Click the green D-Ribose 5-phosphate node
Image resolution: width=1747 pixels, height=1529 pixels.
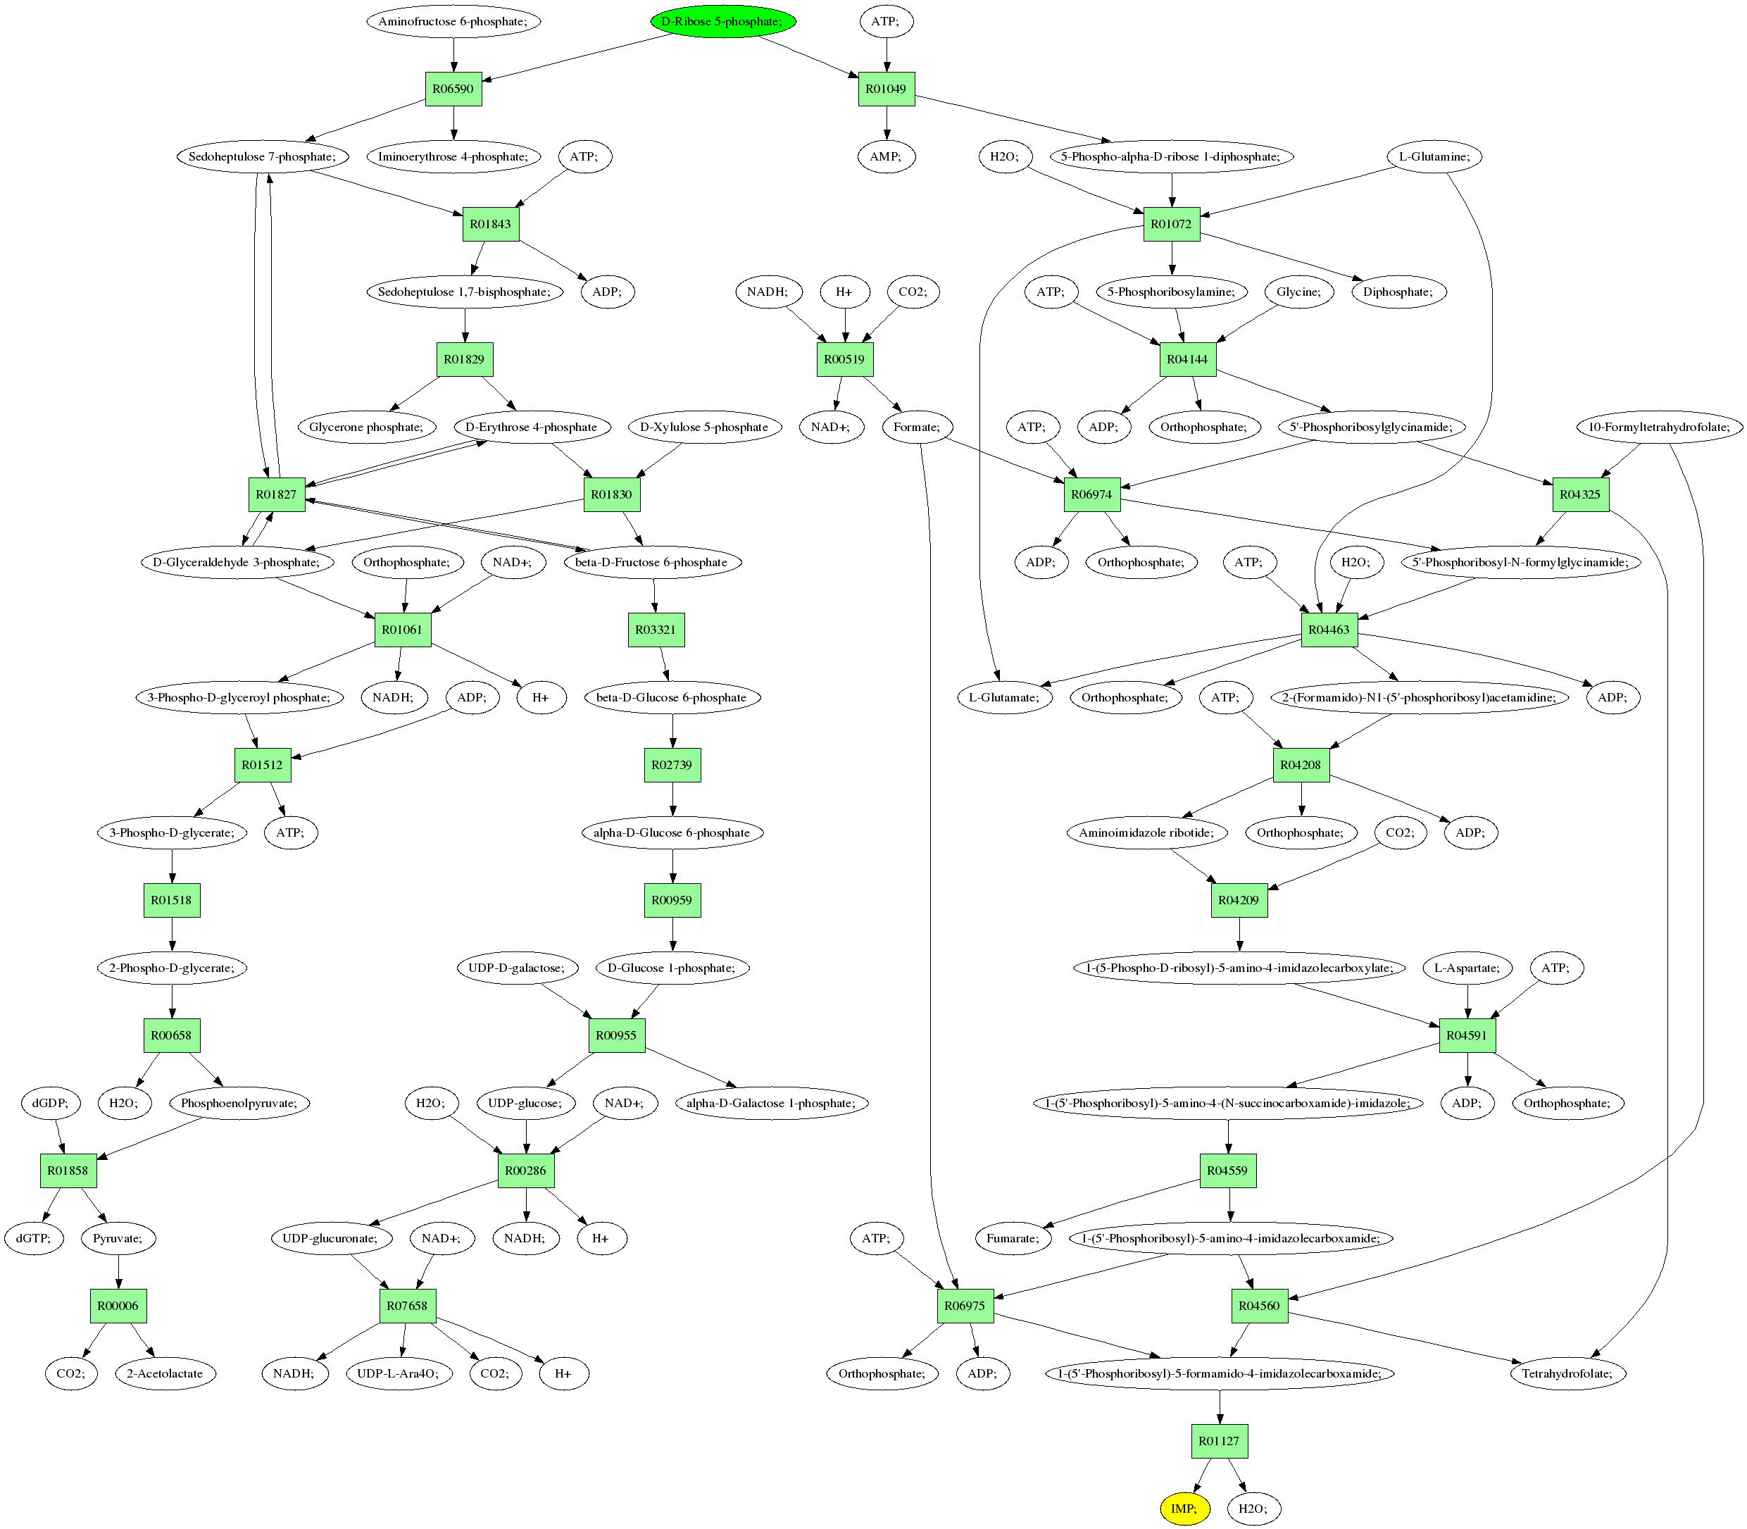pos(722,21)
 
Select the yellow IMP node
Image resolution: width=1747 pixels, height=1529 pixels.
pos(1184,1509)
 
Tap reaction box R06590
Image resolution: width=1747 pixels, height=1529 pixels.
pos(453,89)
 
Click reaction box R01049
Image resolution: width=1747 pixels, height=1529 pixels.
pos(887,89)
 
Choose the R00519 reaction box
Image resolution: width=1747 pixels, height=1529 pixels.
pos(844,359)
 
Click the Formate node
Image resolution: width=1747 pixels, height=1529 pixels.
pos(917,427)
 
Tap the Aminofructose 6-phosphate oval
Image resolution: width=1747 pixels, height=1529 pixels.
pos(453,21)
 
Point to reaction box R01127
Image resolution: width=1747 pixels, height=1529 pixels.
pos(1219,1441)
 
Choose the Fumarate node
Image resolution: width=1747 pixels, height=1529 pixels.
pos(1013,1238)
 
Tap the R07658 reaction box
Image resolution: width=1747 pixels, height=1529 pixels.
pos(407,1306)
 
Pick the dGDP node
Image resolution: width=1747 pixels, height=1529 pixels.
pos(50,1103)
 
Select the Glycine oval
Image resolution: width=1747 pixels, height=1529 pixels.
pos(1298,292)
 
